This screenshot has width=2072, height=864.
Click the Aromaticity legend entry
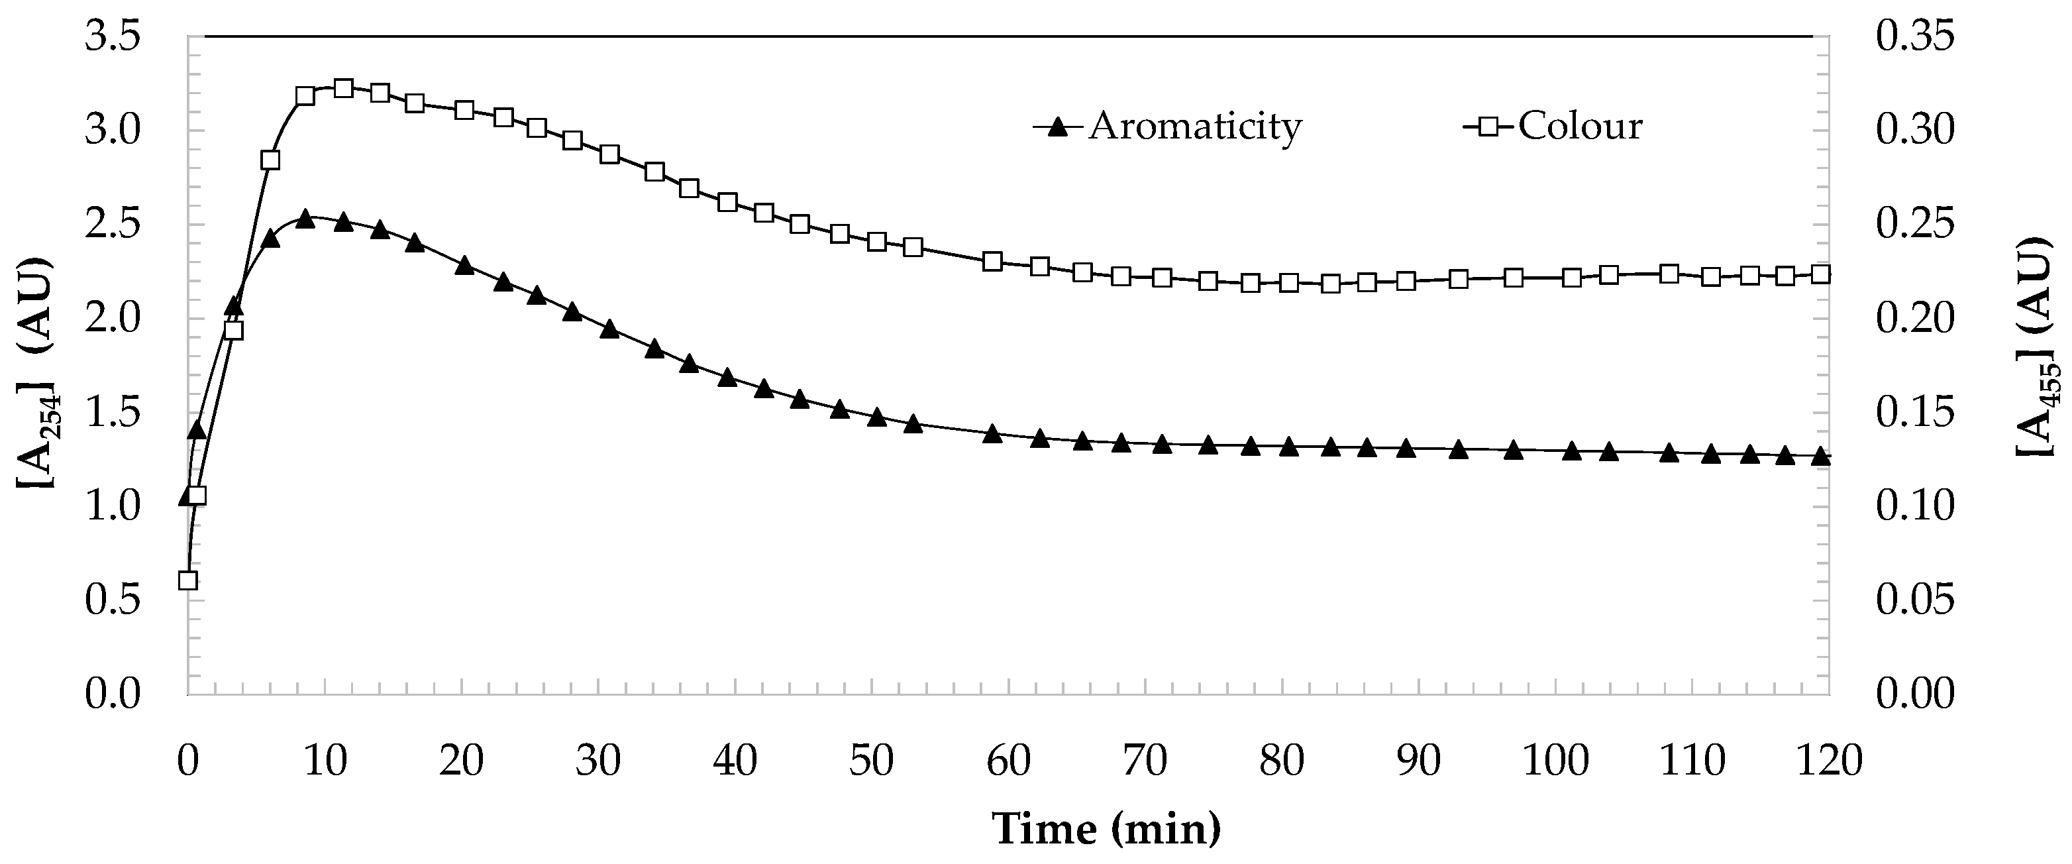(x=1168, y=127)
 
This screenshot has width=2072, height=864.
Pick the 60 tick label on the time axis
(x=1009, y=760)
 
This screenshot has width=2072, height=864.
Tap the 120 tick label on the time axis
(x=1829, y=760)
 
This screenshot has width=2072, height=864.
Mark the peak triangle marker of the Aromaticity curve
(x=305, y=218)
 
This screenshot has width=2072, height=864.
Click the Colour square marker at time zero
(x=187, y=580)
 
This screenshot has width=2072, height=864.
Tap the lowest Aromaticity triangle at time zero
(x=187, y=498)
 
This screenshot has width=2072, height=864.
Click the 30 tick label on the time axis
(x=598, y=760)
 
